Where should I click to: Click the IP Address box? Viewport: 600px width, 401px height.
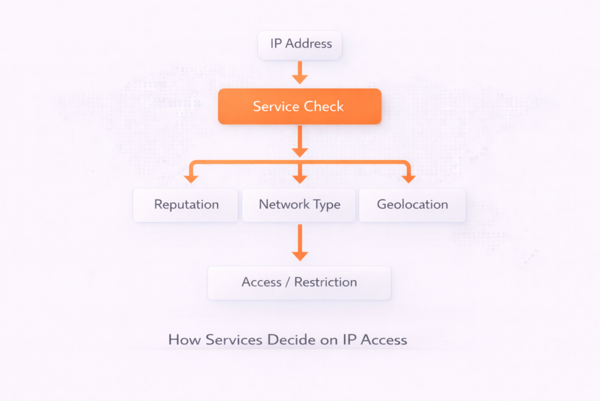(300, 45)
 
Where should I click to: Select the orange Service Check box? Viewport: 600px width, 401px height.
(299, 106)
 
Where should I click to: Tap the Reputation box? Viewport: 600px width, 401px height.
(186, 205)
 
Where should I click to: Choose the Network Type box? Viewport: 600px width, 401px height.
(299, 205)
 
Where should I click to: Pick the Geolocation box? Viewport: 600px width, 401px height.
(412, 205)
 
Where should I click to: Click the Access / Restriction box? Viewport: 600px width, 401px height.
(299, 282)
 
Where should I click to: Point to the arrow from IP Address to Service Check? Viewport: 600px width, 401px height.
(300, 73)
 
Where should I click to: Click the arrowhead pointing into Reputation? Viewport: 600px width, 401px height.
(190, 177)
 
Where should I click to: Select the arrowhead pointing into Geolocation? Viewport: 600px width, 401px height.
(408, 177)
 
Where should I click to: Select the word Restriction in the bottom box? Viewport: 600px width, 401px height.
(325, 282)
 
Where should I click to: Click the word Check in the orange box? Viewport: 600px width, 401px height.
(323, 106)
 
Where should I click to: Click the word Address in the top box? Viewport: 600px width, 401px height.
(309, 43)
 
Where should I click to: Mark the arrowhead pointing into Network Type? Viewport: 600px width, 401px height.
(300, 177)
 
